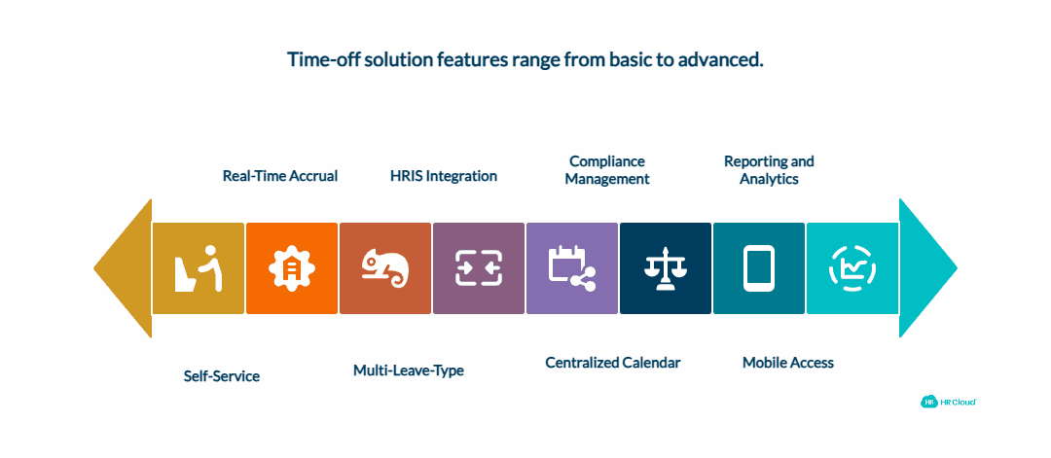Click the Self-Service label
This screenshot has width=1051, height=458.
222,375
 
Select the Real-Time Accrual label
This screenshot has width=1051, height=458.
280,176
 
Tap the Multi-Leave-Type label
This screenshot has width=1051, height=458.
408,370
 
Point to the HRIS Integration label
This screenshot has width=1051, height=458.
443,176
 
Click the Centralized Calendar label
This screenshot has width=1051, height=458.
612,363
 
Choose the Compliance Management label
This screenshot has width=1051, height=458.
607,170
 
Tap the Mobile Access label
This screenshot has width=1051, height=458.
787,363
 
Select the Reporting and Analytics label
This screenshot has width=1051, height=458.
769,170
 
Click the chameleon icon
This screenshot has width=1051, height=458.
385,268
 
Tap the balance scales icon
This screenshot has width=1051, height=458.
666,268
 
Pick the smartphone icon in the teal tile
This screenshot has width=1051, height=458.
759,268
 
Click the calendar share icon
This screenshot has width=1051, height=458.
572,268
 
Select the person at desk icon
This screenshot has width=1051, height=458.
199,268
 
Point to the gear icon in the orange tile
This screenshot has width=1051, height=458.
292,268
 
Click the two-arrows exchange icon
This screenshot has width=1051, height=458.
479,268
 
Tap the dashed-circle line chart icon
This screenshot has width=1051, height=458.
852,268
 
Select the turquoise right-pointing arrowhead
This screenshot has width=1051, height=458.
924,268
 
